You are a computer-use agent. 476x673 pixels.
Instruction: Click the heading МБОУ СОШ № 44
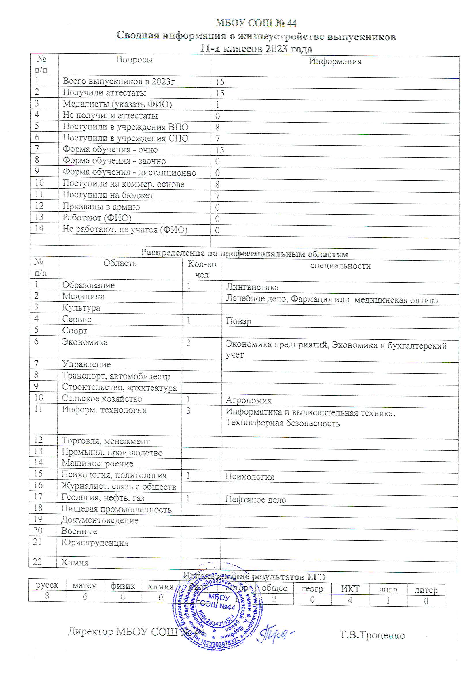[256, 23]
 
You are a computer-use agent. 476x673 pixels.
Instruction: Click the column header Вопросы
[134, 60]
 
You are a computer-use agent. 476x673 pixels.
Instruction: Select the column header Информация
[335, 61]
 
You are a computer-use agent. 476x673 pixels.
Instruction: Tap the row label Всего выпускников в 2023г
[118, 81]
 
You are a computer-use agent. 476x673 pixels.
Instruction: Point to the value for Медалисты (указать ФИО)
[217, 105]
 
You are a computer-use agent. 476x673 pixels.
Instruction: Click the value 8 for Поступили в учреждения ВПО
[217, 127]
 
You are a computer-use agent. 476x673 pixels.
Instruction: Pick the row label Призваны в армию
[101, 207]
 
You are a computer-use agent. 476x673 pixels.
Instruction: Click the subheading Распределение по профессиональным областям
[244, 254]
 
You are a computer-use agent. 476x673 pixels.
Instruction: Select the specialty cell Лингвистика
[252, 287]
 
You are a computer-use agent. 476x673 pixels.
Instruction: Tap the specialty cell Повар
[238, 321]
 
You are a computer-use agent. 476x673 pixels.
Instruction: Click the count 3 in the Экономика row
[188, 343]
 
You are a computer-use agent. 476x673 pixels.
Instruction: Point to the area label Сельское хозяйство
[102, 399]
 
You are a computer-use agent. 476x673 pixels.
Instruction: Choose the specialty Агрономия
[249, 400]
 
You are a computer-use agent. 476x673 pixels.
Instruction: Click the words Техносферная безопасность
[282, 423]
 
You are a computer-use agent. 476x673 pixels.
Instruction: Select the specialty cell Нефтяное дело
[255, 500]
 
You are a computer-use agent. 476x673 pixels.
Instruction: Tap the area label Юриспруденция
[95, 543]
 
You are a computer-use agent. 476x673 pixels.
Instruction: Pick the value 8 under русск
[47, 596]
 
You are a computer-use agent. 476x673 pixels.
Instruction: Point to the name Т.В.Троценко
[372, 635]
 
